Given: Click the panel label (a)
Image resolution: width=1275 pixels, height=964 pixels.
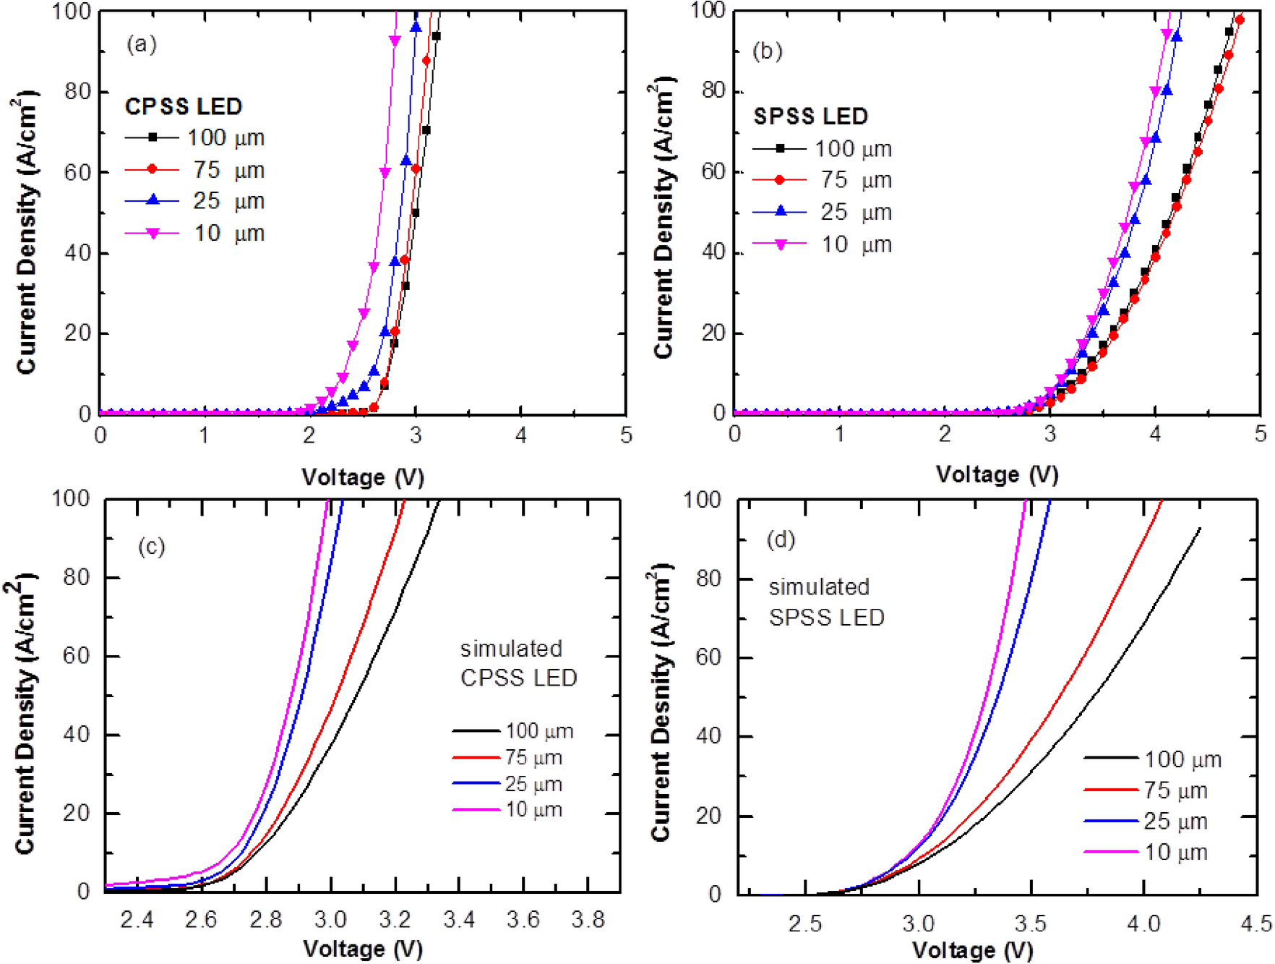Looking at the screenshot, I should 142,45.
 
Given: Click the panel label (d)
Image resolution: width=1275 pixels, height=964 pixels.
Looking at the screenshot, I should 781,539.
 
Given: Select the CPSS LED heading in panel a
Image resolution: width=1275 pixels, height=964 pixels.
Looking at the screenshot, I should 183,106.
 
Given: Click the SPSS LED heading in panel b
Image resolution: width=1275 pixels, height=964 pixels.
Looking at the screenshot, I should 810,116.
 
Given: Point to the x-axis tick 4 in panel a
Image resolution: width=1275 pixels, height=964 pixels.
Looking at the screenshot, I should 520,435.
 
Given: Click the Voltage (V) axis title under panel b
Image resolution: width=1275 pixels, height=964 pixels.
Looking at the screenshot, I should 997,474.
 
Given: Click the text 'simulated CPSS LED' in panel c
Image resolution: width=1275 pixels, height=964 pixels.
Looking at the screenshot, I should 518,663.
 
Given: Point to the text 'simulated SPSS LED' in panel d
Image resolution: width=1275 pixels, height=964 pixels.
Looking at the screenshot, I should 826,602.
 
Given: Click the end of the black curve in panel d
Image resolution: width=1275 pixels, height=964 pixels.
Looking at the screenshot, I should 1200,529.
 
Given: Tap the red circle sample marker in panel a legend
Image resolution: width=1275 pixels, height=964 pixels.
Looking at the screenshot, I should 152,169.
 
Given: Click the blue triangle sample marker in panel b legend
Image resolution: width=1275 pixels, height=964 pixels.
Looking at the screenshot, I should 780,211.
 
